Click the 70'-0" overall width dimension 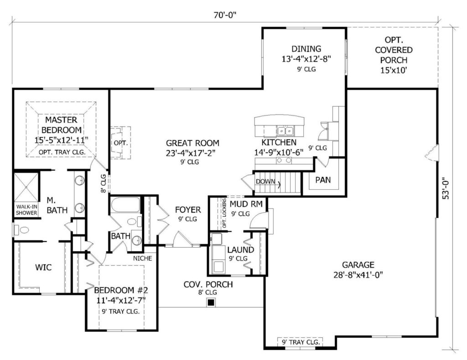coord(224,15)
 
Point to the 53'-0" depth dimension coord(446,191)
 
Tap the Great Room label coord(192,143)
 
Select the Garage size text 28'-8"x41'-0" coord(358,275)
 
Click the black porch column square coord(211,303)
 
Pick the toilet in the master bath coord(22,230)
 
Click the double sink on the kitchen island coord(285,130)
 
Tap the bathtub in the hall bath coord(125,205)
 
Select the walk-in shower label coord(27,210)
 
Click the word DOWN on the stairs coord(265,181)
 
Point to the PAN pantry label coord(323,180)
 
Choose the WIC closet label coord(43,267)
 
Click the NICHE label coord(142,258)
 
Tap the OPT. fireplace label coord(120,143)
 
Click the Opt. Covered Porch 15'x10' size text coord(394,70)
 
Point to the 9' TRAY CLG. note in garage coord(301,342)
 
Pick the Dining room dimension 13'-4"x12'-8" coord(306,59)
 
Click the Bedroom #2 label coord(121,290)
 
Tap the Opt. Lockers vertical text coord(224,214)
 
